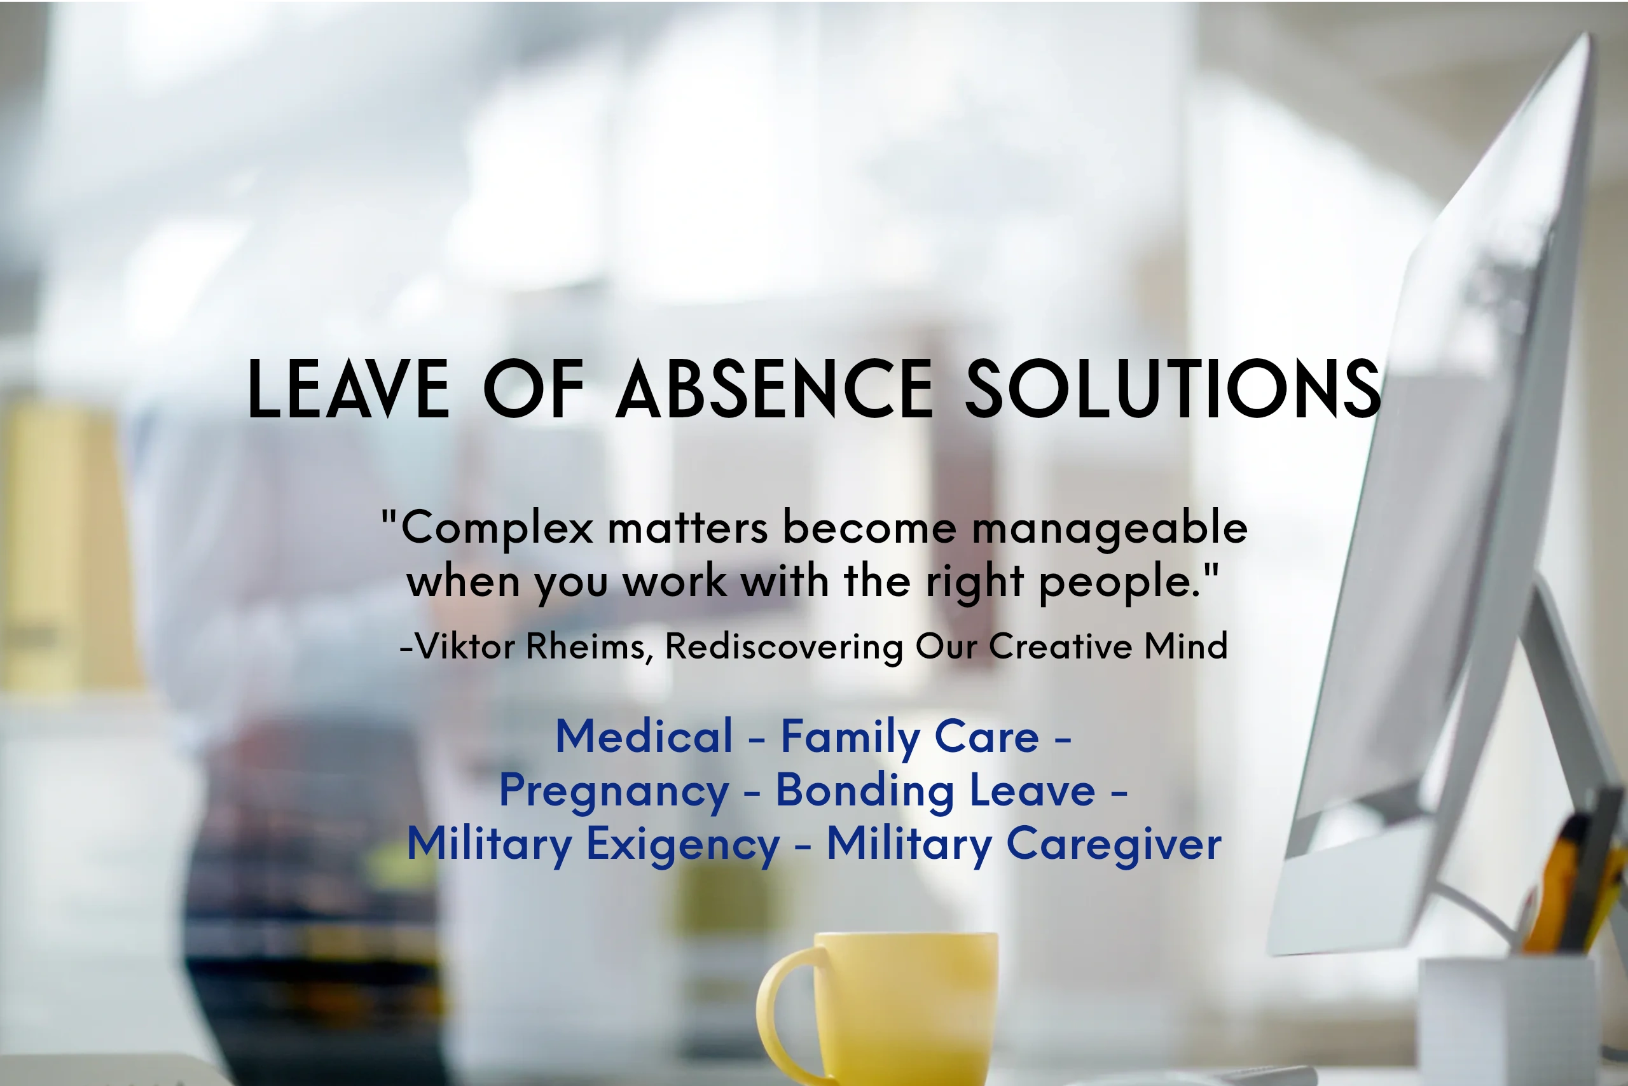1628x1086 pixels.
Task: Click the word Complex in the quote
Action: pos(496,529)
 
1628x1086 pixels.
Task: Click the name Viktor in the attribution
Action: pos(465,646)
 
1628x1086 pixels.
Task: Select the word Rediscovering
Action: pos(783,646)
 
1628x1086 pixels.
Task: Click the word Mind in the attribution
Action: pos(1185,646)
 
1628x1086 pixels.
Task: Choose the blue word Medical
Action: pos(644,736)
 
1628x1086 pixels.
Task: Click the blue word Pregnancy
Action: pos(614,791)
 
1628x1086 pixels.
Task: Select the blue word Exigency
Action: pos(682,844)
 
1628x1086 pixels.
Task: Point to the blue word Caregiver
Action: pos(1113,844)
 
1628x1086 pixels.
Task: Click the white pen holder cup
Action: pos(1509,1018)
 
